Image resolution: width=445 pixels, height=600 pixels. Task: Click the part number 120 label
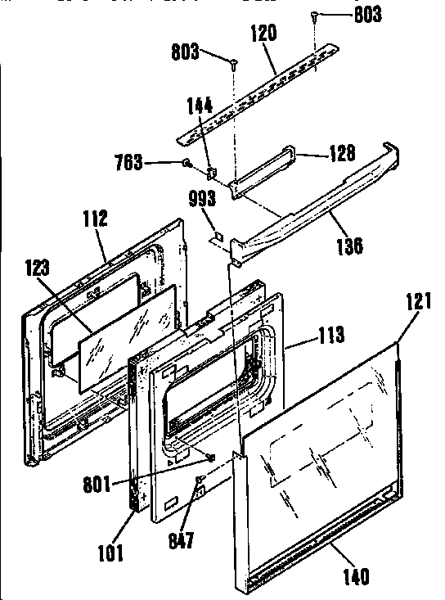[x=263, y=33]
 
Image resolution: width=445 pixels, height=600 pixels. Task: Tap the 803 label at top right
[x=368, y=15]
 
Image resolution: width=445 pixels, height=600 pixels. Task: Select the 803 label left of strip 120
[x=185, y=52]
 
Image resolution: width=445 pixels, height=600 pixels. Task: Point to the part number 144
[x=200, y=106]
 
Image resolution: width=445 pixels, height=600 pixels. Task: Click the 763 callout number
[x=128, y=162]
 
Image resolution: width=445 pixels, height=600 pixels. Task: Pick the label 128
[x=342, y=153]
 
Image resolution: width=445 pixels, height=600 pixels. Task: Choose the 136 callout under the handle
[x=349, y=246]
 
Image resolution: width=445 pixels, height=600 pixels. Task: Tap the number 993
[x=202, y=199]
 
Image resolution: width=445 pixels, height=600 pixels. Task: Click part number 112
[x=95, y=218]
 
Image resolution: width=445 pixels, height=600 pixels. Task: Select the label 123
[x=38, y=267]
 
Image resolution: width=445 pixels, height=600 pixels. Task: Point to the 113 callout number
[x=331, y=335]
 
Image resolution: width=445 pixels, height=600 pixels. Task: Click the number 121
[x=418, y=300]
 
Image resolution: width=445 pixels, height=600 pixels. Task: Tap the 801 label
[x=97, y=485]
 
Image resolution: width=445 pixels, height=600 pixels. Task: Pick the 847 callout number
[x=182, y=540]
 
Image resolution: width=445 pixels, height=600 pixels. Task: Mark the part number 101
[x=111, y=553]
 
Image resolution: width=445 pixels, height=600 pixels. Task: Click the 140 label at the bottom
[x=357, y=577]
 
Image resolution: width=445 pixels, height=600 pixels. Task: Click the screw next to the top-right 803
[x=314, y=15]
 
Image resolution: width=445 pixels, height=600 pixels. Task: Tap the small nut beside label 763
[x=187, y=164]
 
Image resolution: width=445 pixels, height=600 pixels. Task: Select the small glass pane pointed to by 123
[x=128, y=339]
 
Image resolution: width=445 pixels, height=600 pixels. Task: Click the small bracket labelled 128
[x=263, y=171]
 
